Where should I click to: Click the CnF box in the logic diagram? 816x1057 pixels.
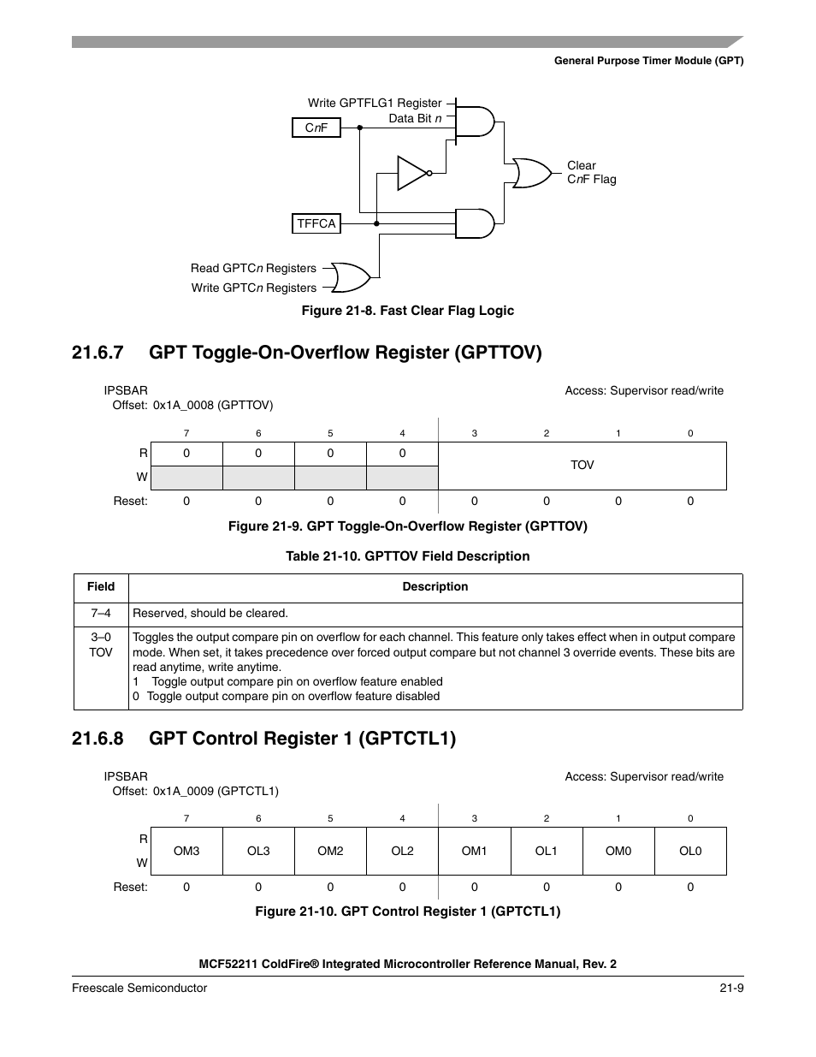coord(316,128)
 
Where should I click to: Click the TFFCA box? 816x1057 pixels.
coord(316,223)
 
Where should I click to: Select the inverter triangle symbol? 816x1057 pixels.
coord(412,173)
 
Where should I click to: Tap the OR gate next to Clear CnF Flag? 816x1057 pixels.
coord(531,173)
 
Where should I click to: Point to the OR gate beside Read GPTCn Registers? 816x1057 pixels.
coord(350,278)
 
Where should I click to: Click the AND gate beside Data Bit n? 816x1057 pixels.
coord(475,122)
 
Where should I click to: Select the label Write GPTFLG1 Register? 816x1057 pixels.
coord(375,103)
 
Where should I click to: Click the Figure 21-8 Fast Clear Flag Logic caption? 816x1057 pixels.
coord(407,311)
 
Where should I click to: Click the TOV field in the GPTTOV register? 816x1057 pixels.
coord(582,465)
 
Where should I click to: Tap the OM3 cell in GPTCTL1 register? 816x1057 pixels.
coord(186,851)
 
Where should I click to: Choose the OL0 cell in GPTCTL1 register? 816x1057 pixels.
coord(690,851)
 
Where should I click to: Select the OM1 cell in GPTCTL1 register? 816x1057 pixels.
coord(474,851)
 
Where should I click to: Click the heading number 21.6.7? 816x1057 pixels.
coord(98,353)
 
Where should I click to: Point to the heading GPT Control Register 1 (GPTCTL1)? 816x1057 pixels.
coord(302,739)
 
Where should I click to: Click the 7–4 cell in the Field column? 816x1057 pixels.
coord(101,614)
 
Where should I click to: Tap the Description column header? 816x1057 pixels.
coord(435,587)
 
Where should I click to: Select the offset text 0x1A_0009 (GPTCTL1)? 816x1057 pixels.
coord(216,792)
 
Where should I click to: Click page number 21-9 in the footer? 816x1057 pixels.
coord(730,988)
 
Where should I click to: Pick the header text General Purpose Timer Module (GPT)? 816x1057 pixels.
coord(648,61)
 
